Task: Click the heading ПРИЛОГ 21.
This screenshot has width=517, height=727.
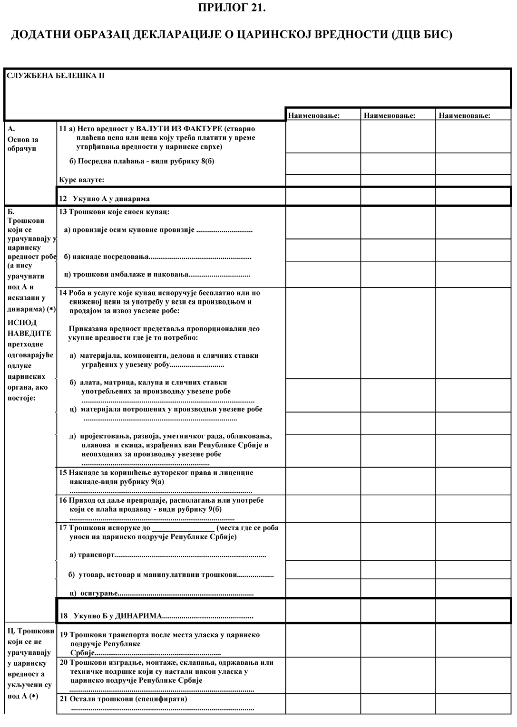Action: (231, 8)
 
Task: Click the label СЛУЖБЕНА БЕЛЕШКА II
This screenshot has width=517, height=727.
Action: (56, 76)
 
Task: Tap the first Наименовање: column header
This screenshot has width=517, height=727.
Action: (314, 115)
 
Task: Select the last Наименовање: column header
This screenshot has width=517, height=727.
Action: (464, 115)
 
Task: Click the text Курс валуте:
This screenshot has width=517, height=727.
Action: (82, 180)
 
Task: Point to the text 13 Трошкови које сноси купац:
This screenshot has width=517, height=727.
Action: (114, 212)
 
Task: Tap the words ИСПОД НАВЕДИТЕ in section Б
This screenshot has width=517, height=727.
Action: (29, 328)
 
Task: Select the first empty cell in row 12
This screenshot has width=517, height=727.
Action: (323, 196)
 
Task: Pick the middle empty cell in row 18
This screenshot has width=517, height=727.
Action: (398, 611)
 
